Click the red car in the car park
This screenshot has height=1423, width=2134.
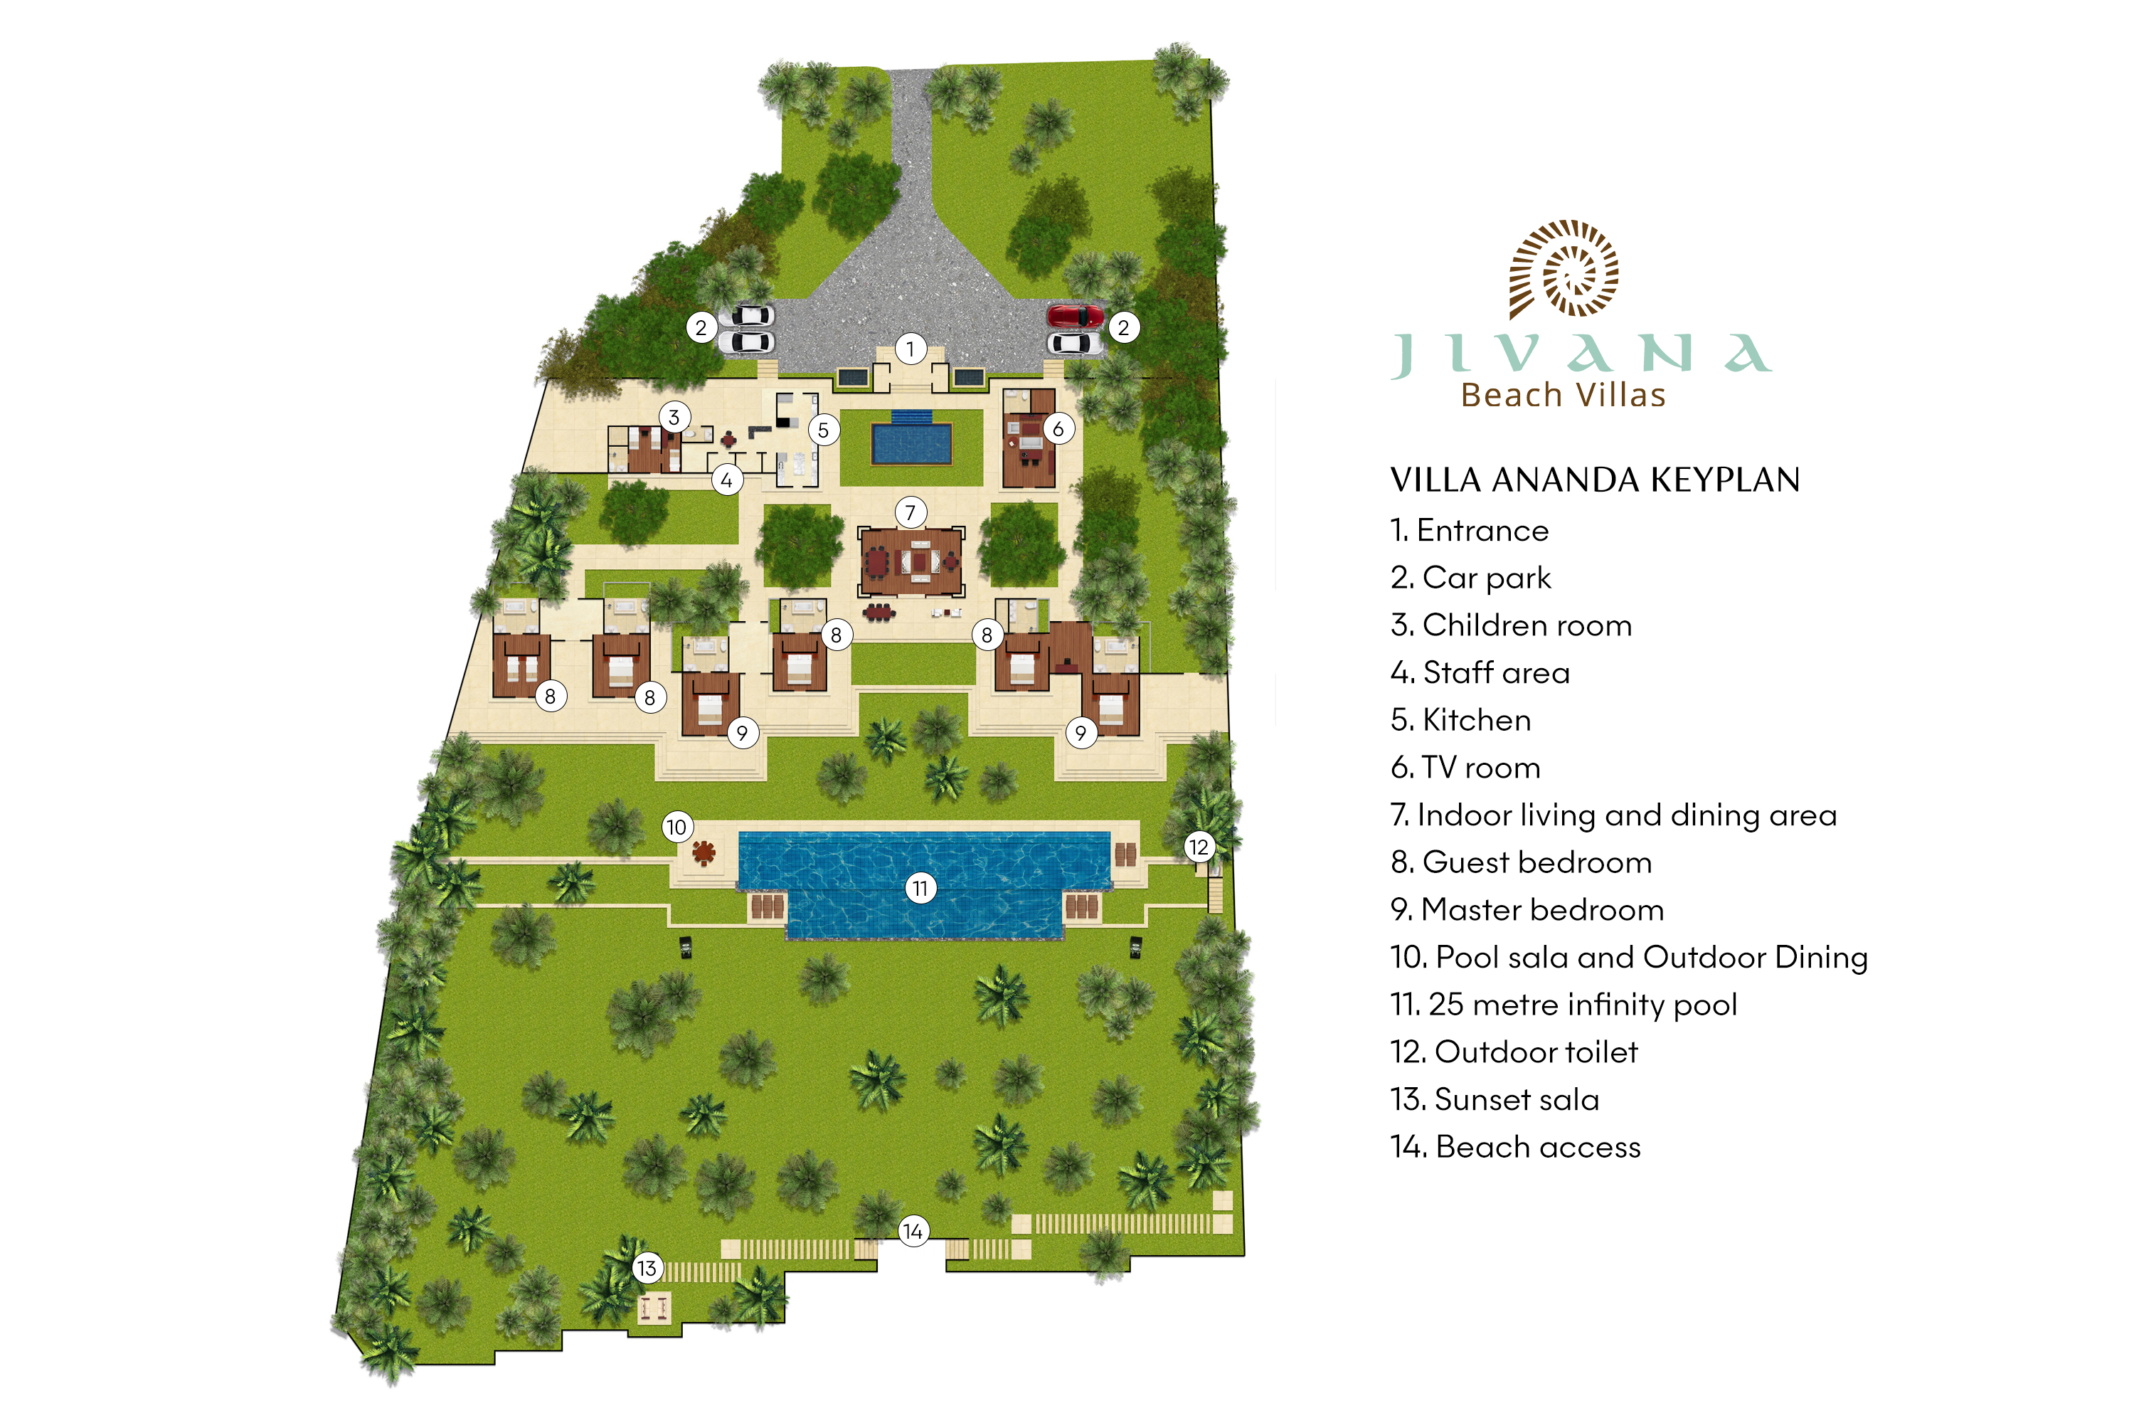pos(1075,316)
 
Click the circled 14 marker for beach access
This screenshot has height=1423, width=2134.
pos(913,1231)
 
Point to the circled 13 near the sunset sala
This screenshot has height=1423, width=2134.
pos(647,1268)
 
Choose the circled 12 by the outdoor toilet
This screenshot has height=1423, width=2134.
pos(1199,847)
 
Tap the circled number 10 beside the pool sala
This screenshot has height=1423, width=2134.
pos(677,827)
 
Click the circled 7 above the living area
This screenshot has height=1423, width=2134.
pos(910,513)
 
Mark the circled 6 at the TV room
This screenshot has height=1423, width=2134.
pos(1058,428)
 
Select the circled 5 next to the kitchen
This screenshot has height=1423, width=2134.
pos(823,429)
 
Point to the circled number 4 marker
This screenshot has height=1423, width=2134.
pos(727,480)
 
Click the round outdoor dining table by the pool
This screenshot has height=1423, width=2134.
pos(704,852)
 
